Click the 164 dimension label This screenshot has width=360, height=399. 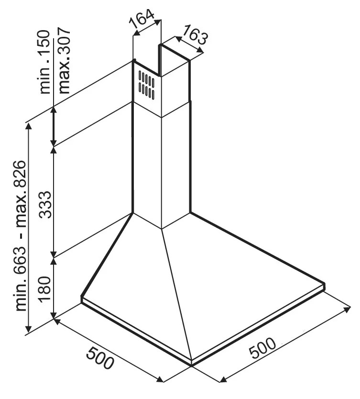[x=142, y=19]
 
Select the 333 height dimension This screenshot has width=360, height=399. [x=46, y=205]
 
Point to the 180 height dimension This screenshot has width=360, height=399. [x=46, y=289]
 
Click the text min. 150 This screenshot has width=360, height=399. [x=44, y=62]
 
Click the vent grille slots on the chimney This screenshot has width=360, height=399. [x=146, y=85]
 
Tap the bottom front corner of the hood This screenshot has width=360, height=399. [x=191, y=366]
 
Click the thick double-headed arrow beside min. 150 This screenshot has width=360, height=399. [x=54, y=126]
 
